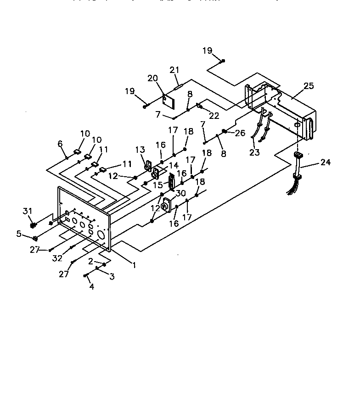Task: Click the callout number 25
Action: pyautogui.click(x=309, y=86)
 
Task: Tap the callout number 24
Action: pyautogui.click(x=326, y=162)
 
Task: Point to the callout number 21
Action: pyautogui.click(x=174, y=70)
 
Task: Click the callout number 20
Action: pyautogui.click(x=152, y=78)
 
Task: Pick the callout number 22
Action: pyautogui.click(x=214, y=116)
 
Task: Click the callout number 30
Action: pyautogui.click(x=181, y=193)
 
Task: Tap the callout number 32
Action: pyautogui.click(x=57, y=258)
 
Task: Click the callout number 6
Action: pyautogui.click(x=60, y=144)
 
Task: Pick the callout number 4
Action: pyautogui.click(x=92, y=287)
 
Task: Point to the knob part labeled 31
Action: pyautogui.click(x=33, y=225)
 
